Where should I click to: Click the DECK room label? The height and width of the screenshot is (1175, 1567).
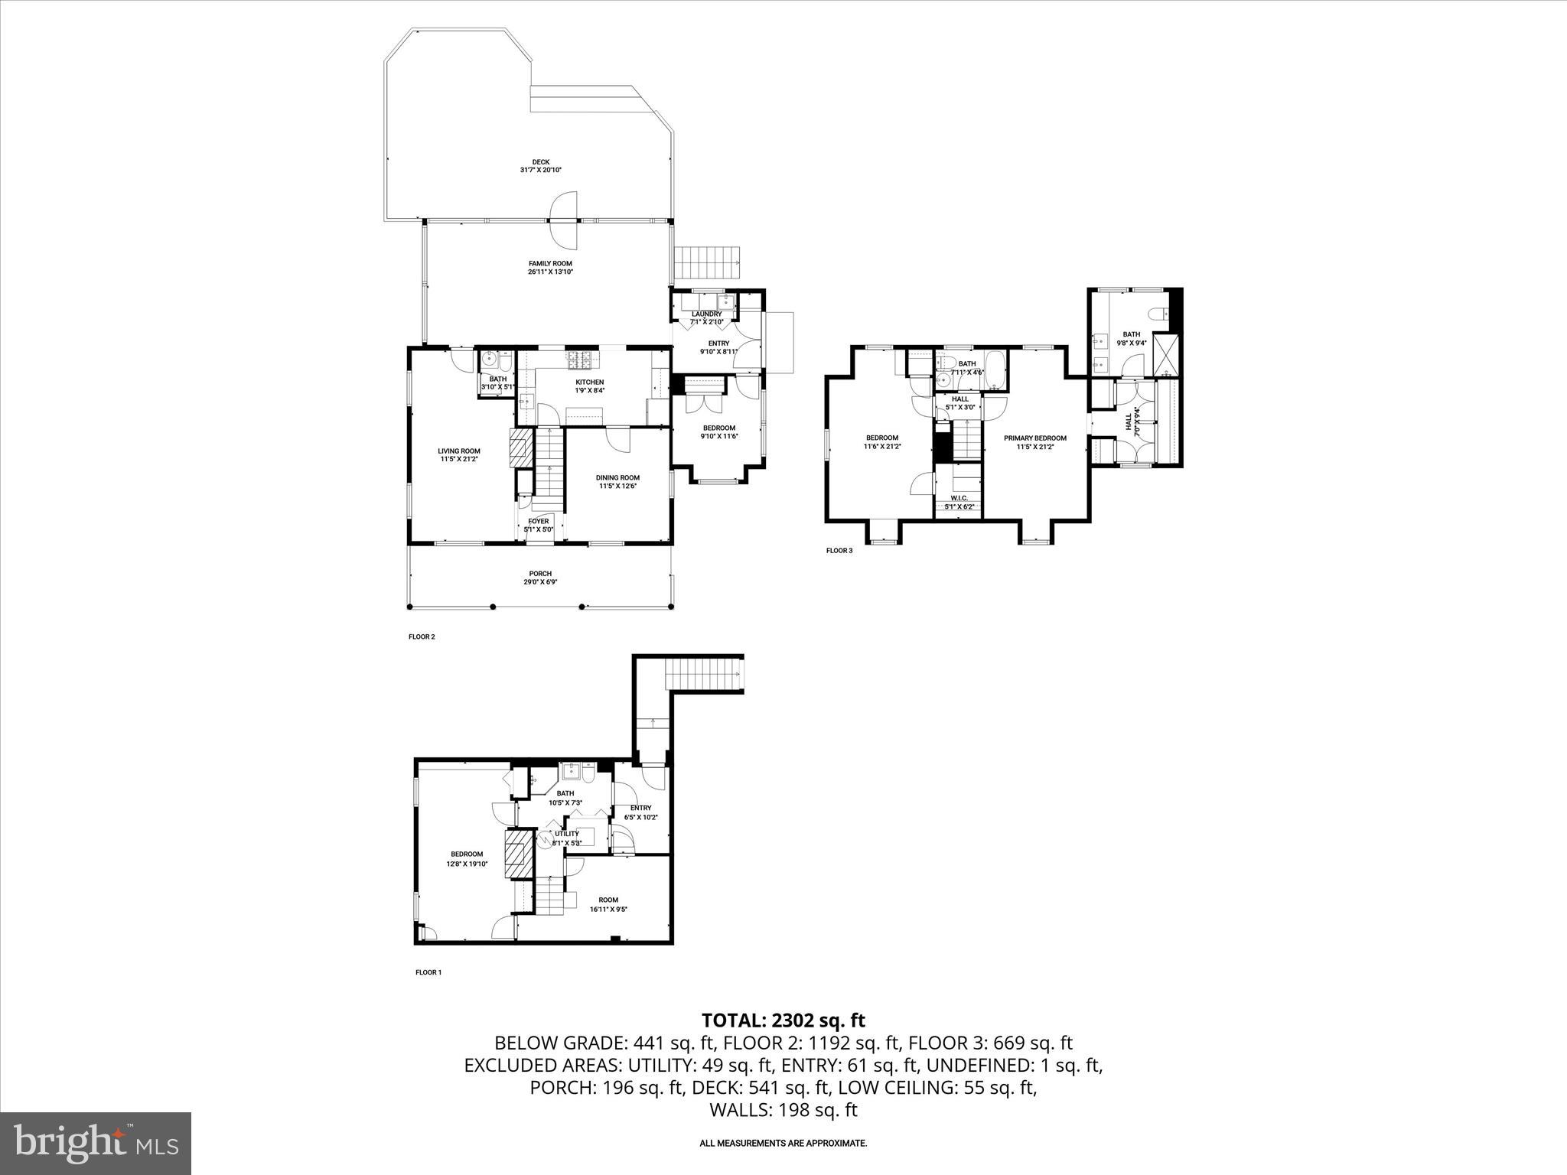point(541,161)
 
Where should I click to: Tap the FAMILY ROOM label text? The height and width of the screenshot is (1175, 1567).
point(550,263)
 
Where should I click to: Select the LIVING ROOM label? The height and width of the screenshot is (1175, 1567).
point(459,451)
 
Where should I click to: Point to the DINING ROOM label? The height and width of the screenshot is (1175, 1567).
point(617,477)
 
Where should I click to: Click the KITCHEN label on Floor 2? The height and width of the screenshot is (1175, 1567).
point(589,382)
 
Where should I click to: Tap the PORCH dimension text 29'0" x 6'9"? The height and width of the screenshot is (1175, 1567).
point(540,581)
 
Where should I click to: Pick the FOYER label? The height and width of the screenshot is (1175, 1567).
point(539,521)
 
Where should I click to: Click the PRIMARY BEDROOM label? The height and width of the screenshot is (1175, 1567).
point(1034,438)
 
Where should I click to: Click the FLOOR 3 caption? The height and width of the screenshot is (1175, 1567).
point(839,550)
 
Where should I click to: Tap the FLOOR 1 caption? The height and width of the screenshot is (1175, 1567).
point(428,972)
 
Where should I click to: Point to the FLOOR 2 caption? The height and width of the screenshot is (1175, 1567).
point(422,636)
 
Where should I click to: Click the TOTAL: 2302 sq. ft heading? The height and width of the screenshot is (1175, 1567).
point(783,1020)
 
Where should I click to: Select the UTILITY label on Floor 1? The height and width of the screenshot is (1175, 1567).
point(567,834)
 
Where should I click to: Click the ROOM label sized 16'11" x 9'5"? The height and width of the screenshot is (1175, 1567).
point(608,900)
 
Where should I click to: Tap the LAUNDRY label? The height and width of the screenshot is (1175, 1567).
point(706,314)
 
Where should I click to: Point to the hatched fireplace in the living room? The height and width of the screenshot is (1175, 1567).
point(520,447)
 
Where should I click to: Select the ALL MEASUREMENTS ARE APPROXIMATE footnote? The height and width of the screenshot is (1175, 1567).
point(783,1144)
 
